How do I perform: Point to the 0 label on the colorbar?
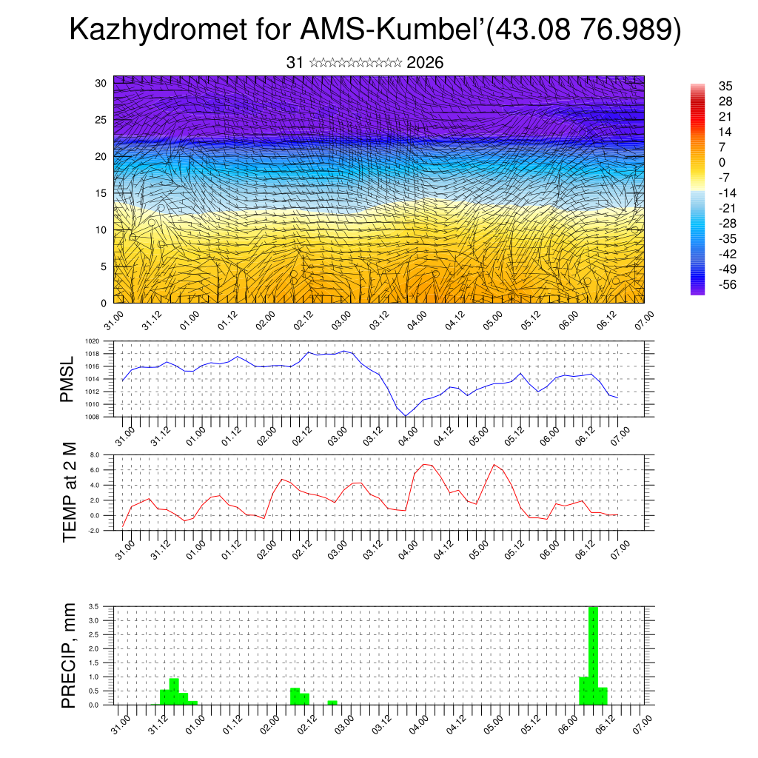click(x=722, y=162)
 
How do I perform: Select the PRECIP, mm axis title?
click(x=68, y=654)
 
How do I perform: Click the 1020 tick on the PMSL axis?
click(x=93, y=341)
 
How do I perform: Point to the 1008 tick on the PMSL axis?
click(x=93, y=416)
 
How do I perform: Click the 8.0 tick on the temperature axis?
click(x=95, y=455)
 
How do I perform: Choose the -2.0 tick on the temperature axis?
click(x=94, y=531)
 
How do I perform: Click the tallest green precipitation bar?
click(x=592, y=655)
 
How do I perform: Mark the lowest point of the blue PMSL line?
click(x=406, y=415)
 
